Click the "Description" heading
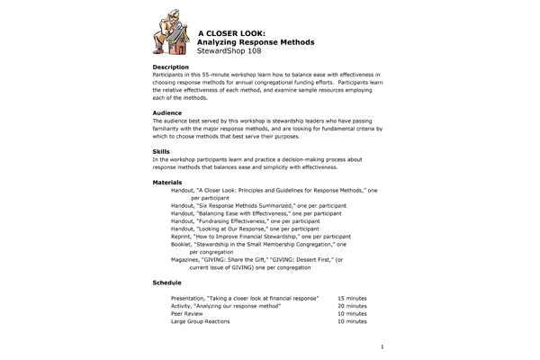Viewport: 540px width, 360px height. tap(171, 67)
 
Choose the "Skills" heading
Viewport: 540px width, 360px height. tap(162, 150)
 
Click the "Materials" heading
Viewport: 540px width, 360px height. tap(168, 183)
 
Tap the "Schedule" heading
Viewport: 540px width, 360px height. tap(168, 282)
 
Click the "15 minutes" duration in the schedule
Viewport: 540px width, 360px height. tap(352, 297)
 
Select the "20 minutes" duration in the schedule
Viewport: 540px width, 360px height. tap(352, 305)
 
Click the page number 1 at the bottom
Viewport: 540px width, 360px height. tap(382, 346)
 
